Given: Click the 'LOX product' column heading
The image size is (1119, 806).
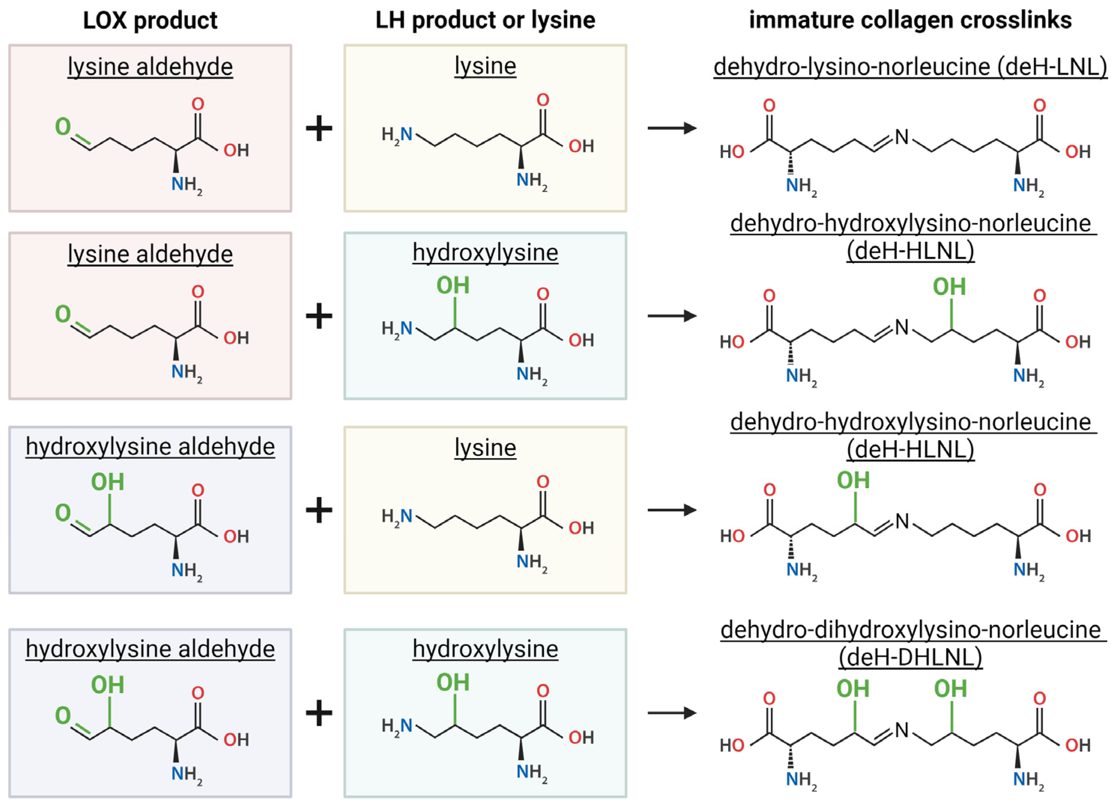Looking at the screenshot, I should [150, 21].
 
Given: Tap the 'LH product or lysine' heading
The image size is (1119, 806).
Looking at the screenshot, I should [485, 21].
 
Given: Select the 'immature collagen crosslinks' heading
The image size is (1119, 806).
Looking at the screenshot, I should [910, 21].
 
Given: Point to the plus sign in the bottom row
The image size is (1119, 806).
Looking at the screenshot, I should [319, 713].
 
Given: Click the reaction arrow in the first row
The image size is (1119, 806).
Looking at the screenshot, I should [672, 128].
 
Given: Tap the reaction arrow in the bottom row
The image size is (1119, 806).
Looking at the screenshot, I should [672, 713].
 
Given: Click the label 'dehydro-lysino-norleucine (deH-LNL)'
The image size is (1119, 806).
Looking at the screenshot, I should [910, 67].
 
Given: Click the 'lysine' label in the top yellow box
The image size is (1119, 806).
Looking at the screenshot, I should [485, 66].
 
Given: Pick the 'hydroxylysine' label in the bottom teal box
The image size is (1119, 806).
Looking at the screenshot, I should [485, 649].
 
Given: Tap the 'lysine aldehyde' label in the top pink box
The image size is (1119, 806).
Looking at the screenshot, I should [150, 67].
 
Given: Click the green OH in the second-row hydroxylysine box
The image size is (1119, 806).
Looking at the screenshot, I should [453, 286].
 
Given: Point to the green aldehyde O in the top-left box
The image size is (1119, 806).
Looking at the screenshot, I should [63, 127].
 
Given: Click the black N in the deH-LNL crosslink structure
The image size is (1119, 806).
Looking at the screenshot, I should [901, 137].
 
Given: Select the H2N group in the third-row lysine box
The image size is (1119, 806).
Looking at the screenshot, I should [397, 516].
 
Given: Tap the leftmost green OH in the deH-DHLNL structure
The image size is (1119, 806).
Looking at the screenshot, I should [853, 689].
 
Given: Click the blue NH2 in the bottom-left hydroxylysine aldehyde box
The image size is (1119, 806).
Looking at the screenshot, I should [187, 774].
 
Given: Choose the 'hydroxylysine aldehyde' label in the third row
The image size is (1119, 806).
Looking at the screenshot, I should [150, 447].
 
